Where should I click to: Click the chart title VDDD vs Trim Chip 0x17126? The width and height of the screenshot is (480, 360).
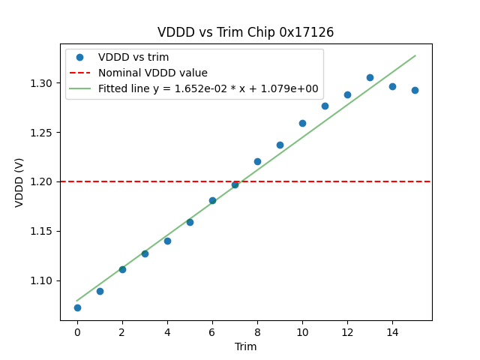(245, 32)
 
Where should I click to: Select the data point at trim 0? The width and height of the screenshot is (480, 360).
(77, 307)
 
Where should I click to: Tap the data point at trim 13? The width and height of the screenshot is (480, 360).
(370, 77)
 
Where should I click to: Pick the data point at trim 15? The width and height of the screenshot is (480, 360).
(415, 90)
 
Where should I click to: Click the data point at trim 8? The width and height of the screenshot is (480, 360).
(257, 161)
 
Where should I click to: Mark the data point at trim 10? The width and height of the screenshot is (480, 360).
(302, 123)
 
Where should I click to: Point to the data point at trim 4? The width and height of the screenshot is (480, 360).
(167, 241)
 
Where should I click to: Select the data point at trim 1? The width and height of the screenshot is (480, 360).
(100, 291)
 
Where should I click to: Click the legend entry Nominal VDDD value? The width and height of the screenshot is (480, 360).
(153, 73)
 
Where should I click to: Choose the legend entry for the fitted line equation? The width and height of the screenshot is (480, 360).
(208, 88)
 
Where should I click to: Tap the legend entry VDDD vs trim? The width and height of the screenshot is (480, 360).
(133, 57)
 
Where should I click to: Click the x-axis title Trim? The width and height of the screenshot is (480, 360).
(245, 346)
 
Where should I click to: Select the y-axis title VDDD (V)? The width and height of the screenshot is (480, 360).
(19, 181)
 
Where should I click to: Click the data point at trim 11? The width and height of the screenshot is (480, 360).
(325, 106)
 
